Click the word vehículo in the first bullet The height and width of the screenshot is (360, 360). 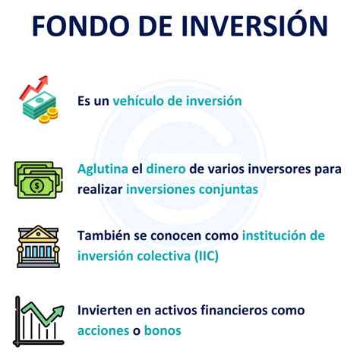tap(139, 100)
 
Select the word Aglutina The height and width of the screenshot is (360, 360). tap(99, 169)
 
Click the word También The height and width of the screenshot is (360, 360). tap(104, 236)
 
